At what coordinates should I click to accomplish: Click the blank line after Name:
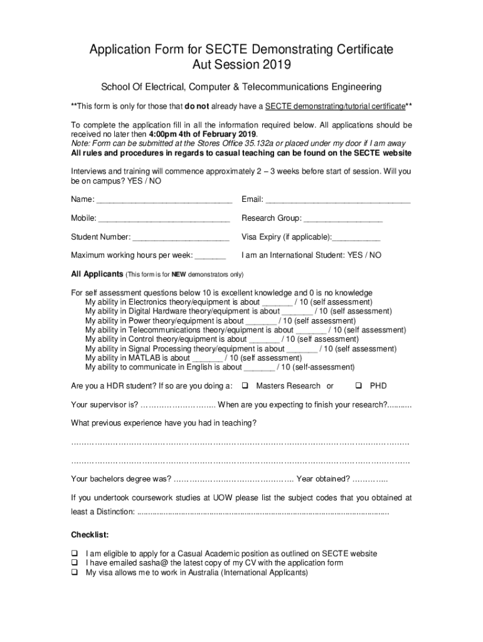(x=164, y=201)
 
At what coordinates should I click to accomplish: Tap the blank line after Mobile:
(x=164, y=219)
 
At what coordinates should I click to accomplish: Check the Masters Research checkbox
(x=245, y=386)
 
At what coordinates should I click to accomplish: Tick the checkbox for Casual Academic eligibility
(x=75, y=554)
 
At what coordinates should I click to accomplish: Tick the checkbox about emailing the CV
(x=75, y=563)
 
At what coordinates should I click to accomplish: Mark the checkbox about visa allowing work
(x=75, y=572)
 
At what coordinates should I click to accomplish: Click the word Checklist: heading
(x=90, y=535)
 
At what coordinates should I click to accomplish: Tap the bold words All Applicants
(x=97, y=275)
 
